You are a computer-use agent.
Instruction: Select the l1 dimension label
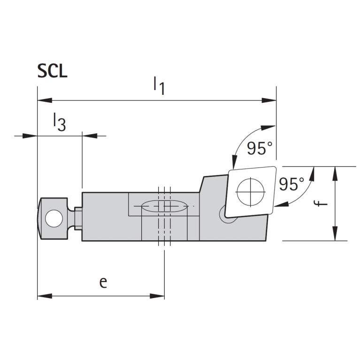tap(159, 86)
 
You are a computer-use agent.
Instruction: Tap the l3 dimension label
tap(59, 123)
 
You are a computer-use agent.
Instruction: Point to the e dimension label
tap(103, 282)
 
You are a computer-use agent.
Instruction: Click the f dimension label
tap(319, 203)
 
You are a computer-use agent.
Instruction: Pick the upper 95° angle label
tap(260, 148)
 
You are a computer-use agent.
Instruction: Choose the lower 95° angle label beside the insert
tap(291, 184)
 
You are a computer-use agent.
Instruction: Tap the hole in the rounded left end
tap(54, 218)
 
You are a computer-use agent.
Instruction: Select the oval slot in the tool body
tap(161, 207)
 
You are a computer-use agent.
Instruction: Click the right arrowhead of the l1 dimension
tap(269, 100)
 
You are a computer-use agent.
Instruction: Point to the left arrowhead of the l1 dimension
tap(44, 100)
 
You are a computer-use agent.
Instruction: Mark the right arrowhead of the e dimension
tap(158, 296)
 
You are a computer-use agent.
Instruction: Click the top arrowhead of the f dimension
tap(335, 173)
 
